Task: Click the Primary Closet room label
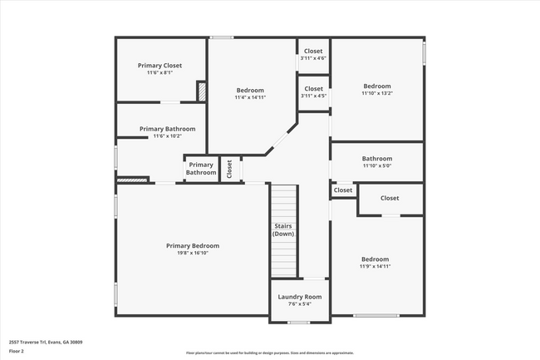(x=160, y=66)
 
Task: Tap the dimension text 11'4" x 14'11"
(x=250, y=97)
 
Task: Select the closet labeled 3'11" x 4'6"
(x=313, y=58)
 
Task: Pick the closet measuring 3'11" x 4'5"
(x=313, y=96)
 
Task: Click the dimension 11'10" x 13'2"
(x=376, y=93)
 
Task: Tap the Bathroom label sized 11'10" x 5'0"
(x=376, y=165)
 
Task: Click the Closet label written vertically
(x=230, y=169)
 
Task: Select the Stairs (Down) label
(x=283, y=229)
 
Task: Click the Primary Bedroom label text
(x=193, y=245)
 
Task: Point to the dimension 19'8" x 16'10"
(x=193, y=253)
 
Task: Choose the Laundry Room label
(x=300, y=297)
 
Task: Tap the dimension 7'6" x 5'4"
(x=300, y=304)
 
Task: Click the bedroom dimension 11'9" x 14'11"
(x=376, y=266)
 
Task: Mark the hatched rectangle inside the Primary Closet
(x=200, y=91)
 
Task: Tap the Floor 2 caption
(x=17, y=352)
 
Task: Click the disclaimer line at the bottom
(x=270, y=353)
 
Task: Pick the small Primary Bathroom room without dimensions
(x=201, y=169)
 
